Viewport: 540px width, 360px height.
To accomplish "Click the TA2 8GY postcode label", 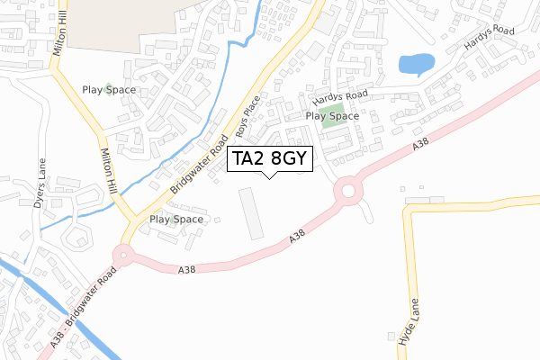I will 270,159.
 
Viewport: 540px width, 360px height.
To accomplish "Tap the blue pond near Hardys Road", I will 415,64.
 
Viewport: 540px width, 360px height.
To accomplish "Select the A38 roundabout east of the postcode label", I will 346,192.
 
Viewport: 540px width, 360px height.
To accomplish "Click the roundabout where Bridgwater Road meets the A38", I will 123,255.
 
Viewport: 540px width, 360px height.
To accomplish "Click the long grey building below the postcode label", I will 249,213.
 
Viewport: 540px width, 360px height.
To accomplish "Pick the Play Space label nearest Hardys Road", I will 332,116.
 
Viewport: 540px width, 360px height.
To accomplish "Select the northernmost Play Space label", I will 109,90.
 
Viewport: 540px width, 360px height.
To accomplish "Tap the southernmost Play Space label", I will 175,219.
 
